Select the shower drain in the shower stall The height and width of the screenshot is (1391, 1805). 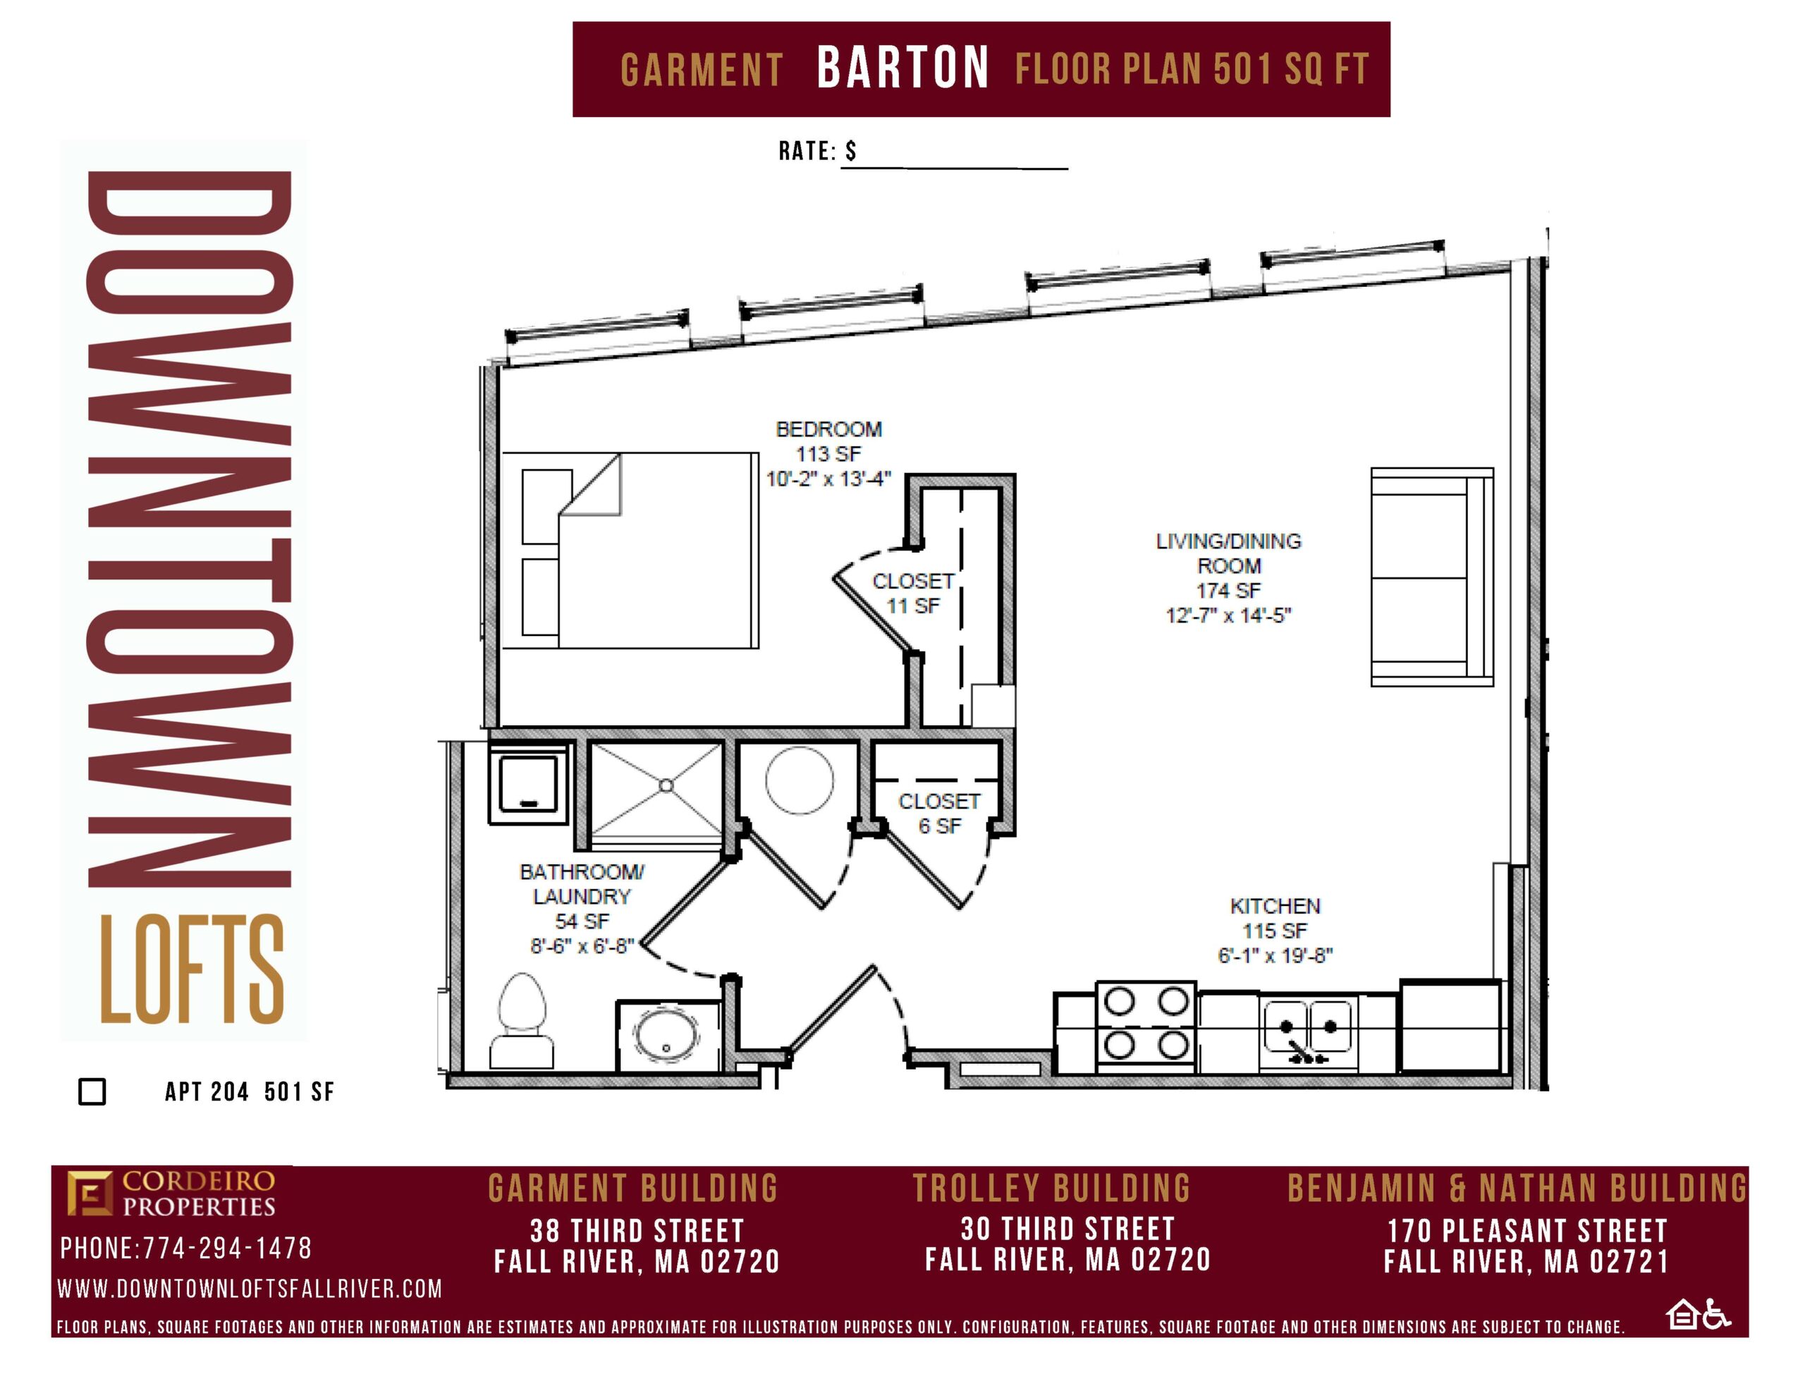[666, 785]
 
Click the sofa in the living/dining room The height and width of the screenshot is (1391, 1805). [1431, 577]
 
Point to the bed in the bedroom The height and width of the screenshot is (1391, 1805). [630, 551]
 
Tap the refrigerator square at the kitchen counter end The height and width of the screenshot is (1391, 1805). [1450, 1026]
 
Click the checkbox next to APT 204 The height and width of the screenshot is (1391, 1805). [92, 1091]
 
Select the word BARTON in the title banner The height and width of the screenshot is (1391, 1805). [902, 68]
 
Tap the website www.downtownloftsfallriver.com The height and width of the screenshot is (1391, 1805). [250, 1289]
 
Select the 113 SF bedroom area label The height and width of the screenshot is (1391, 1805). [828, 454]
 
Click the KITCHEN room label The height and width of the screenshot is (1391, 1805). [1275, 906]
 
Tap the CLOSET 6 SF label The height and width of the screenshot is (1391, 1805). [940, 814]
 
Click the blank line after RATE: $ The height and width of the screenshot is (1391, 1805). [955, 168]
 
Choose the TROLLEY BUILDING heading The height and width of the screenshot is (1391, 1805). [1051, 1189]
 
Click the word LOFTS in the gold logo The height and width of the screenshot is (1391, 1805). [192, 969]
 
